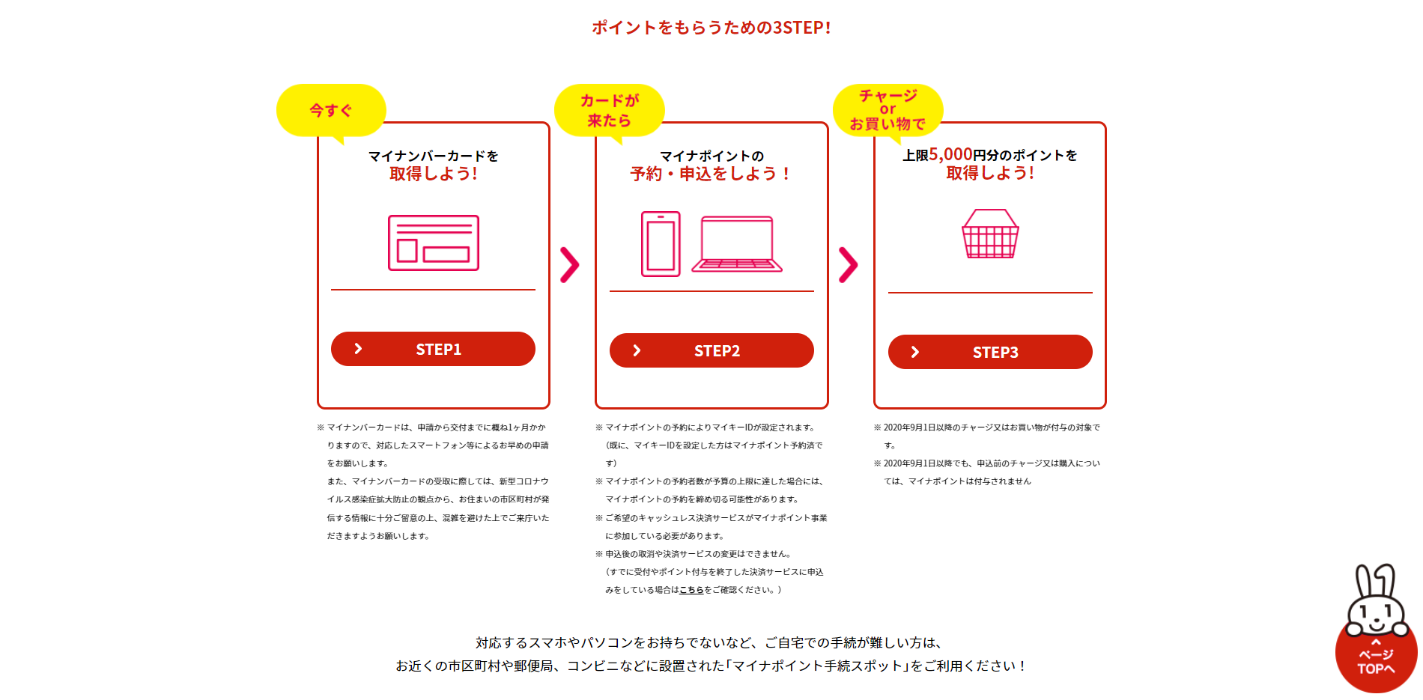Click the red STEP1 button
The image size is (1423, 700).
pyautogui.click(x=433, y=349)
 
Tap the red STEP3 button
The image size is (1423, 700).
pyautogui.click(x=990, y=352)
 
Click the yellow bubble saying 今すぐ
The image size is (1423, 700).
pyautogui.click(x=331, y=111)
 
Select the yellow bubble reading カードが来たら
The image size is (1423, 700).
pyautogui.click(x=609, y=111)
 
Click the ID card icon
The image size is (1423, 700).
pyautogui.click(x=434, y=243)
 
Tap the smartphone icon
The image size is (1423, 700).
pyautogui.click(x=661, y=244)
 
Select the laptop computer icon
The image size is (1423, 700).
pyautogui.click(x=737, y=244)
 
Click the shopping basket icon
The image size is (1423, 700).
pyautogui.click(x=990, y=234)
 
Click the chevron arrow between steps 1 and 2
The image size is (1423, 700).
pyautogui.click(x=570, y=264)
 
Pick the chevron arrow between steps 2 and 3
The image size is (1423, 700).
pyautogui.click(x=849, y=264)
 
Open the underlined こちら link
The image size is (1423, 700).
pyautogui.click(x=691, y=590)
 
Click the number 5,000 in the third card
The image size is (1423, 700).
pyautogui.click(x=950, y=154)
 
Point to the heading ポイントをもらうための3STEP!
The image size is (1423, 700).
pyautogui.click(x=711, y=28)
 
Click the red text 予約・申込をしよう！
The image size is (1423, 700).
pyautogui.click(x=711, y=174)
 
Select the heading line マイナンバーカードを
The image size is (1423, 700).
pyautogui.click(x=434, y=156)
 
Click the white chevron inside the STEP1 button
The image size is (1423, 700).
pyautogui.click(x=358, y=349)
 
